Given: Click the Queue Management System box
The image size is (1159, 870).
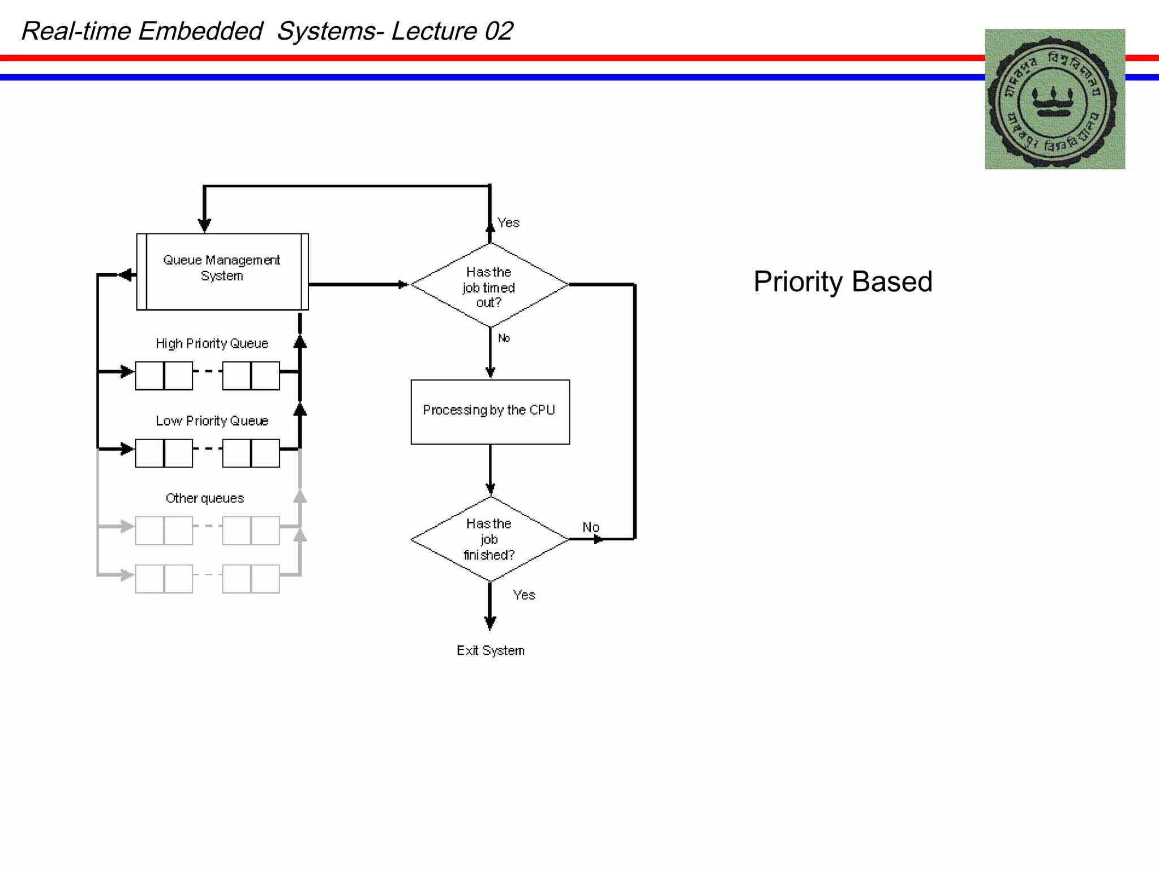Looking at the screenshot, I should [222, 272].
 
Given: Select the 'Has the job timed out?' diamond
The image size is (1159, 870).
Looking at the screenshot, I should [490, 285].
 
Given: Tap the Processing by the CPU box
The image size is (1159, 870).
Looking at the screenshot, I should [490, 412].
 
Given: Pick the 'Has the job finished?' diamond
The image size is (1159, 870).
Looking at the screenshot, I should [490, 539].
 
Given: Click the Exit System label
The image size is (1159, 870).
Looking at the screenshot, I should [491, 650].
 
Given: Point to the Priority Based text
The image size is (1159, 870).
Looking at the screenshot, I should [843, 282].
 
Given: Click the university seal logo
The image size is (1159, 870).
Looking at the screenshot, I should [1054, 99].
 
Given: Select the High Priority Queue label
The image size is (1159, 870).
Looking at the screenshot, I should [212, 344].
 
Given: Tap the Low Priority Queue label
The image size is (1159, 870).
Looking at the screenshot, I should [212, 421].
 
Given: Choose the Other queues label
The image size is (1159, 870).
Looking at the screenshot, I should [204, 498].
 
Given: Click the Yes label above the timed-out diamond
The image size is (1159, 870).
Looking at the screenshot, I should [508, 223].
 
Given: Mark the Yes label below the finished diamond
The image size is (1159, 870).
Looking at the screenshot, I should [524, 595].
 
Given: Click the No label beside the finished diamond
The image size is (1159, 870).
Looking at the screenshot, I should [591, 527].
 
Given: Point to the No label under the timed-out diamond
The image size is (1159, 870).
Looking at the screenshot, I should [504, 338].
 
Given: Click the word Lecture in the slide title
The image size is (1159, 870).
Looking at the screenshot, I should [434, 31].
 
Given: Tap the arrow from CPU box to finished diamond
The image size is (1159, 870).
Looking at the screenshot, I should [490, 470].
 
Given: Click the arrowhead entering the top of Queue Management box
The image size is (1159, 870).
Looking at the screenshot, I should [205, 225].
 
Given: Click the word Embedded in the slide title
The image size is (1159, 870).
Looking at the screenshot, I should [200, 31].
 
